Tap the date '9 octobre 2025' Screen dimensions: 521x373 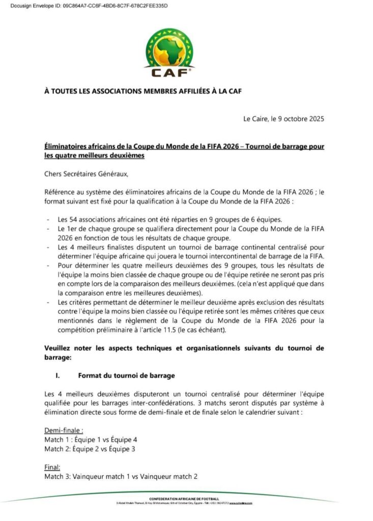click(297, 119)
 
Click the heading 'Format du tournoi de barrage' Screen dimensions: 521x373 click(126, 376)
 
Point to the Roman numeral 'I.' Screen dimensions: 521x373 click(58, 376)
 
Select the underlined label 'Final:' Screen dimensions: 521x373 click(53, 467)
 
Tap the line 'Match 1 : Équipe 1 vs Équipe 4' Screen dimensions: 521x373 click(91, 439)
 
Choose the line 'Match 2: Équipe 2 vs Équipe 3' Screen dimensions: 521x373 click(90, 448)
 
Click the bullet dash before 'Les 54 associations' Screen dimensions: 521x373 click(47, 219)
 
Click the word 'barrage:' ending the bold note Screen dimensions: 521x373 click(58, 358)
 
